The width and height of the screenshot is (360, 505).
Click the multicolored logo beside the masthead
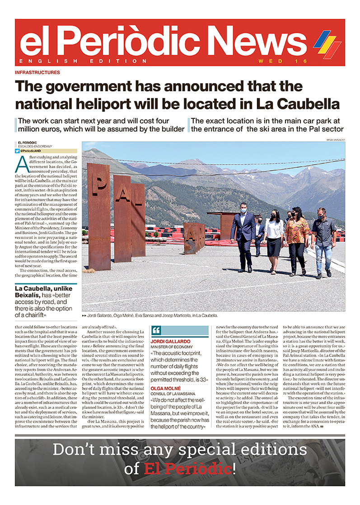click(x=327, y=44)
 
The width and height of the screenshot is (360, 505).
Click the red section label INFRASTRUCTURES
click(x=37, y=72)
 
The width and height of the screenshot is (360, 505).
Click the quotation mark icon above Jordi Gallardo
click(x=157, y=330)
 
